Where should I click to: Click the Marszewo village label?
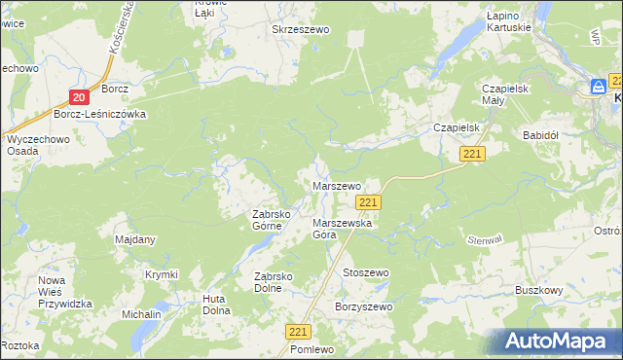click(x=336, y=185)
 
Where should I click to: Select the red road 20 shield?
click(x=80, y=95)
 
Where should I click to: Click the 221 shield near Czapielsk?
click(x=473, y=155)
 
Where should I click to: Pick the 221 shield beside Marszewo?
click(x=367, y=201)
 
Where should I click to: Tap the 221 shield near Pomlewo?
click(x=299, y=332)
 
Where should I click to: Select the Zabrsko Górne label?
click(x=267, y=220)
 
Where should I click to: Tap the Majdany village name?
click(x=135, y=239)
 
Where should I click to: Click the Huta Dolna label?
click(x=216, y=305)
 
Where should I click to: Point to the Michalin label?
click(x=141, y=315)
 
